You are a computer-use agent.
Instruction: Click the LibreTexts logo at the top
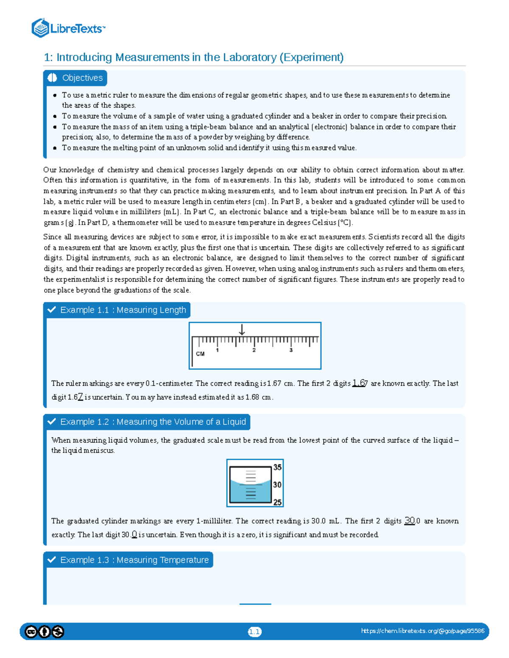68,28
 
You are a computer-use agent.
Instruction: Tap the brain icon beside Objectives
53,78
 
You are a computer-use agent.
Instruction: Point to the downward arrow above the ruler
242,330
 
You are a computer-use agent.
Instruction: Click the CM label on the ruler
200,354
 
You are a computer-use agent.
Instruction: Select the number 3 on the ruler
291,350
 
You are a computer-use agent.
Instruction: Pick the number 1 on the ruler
218,350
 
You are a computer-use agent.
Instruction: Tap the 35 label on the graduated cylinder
277,467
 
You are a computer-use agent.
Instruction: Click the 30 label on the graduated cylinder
277,485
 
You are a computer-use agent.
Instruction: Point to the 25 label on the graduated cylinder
277,503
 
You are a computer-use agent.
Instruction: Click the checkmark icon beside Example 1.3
52,560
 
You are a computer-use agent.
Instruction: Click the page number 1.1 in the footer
255,632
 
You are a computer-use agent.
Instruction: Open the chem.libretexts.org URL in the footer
422,631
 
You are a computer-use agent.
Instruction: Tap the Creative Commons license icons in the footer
44,632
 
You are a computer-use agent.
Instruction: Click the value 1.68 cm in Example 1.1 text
259,397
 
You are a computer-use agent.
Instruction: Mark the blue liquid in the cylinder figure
240,494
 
